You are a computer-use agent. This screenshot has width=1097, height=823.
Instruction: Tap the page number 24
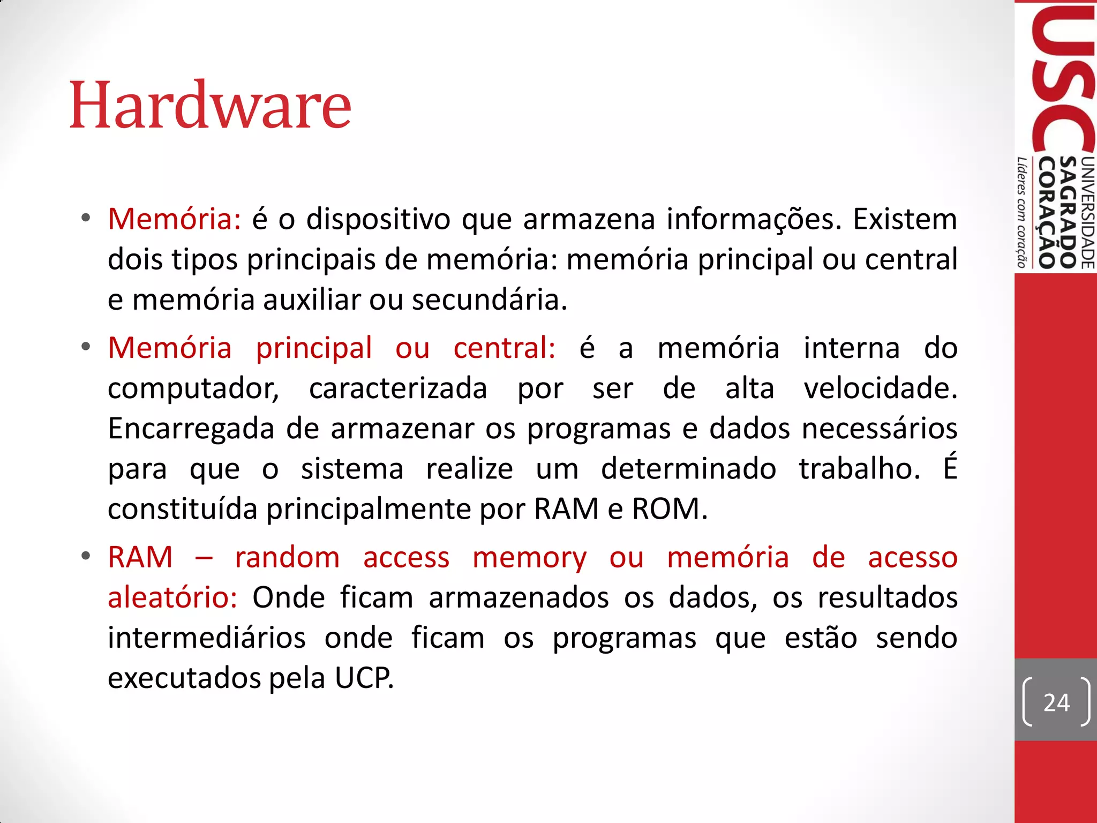[x=1056, y=702]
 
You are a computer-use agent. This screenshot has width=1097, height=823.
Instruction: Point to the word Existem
[x=905, y=219]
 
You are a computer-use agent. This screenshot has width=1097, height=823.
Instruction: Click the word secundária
[x=489, y=300]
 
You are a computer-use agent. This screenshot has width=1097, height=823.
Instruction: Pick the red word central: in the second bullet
[x=504, y=348]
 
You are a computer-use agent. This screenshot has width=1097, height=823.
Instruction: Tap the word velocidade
[x=880, y=388]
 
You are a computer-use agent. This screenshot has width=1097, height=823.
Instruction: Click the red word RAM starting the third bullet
[x=140, y=558]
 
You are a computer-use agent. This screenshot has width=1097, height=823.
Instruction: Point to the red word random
[x=288, y=558]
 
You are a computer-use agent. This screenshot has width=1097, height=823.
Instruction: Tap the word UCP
[x=364, y=678]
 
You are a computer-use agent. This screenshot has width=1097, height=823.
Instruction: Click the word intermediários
[x=207, y=638]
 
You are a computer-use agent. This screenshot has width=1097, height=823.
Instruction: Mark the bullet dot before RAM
[x=86, y=557]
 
